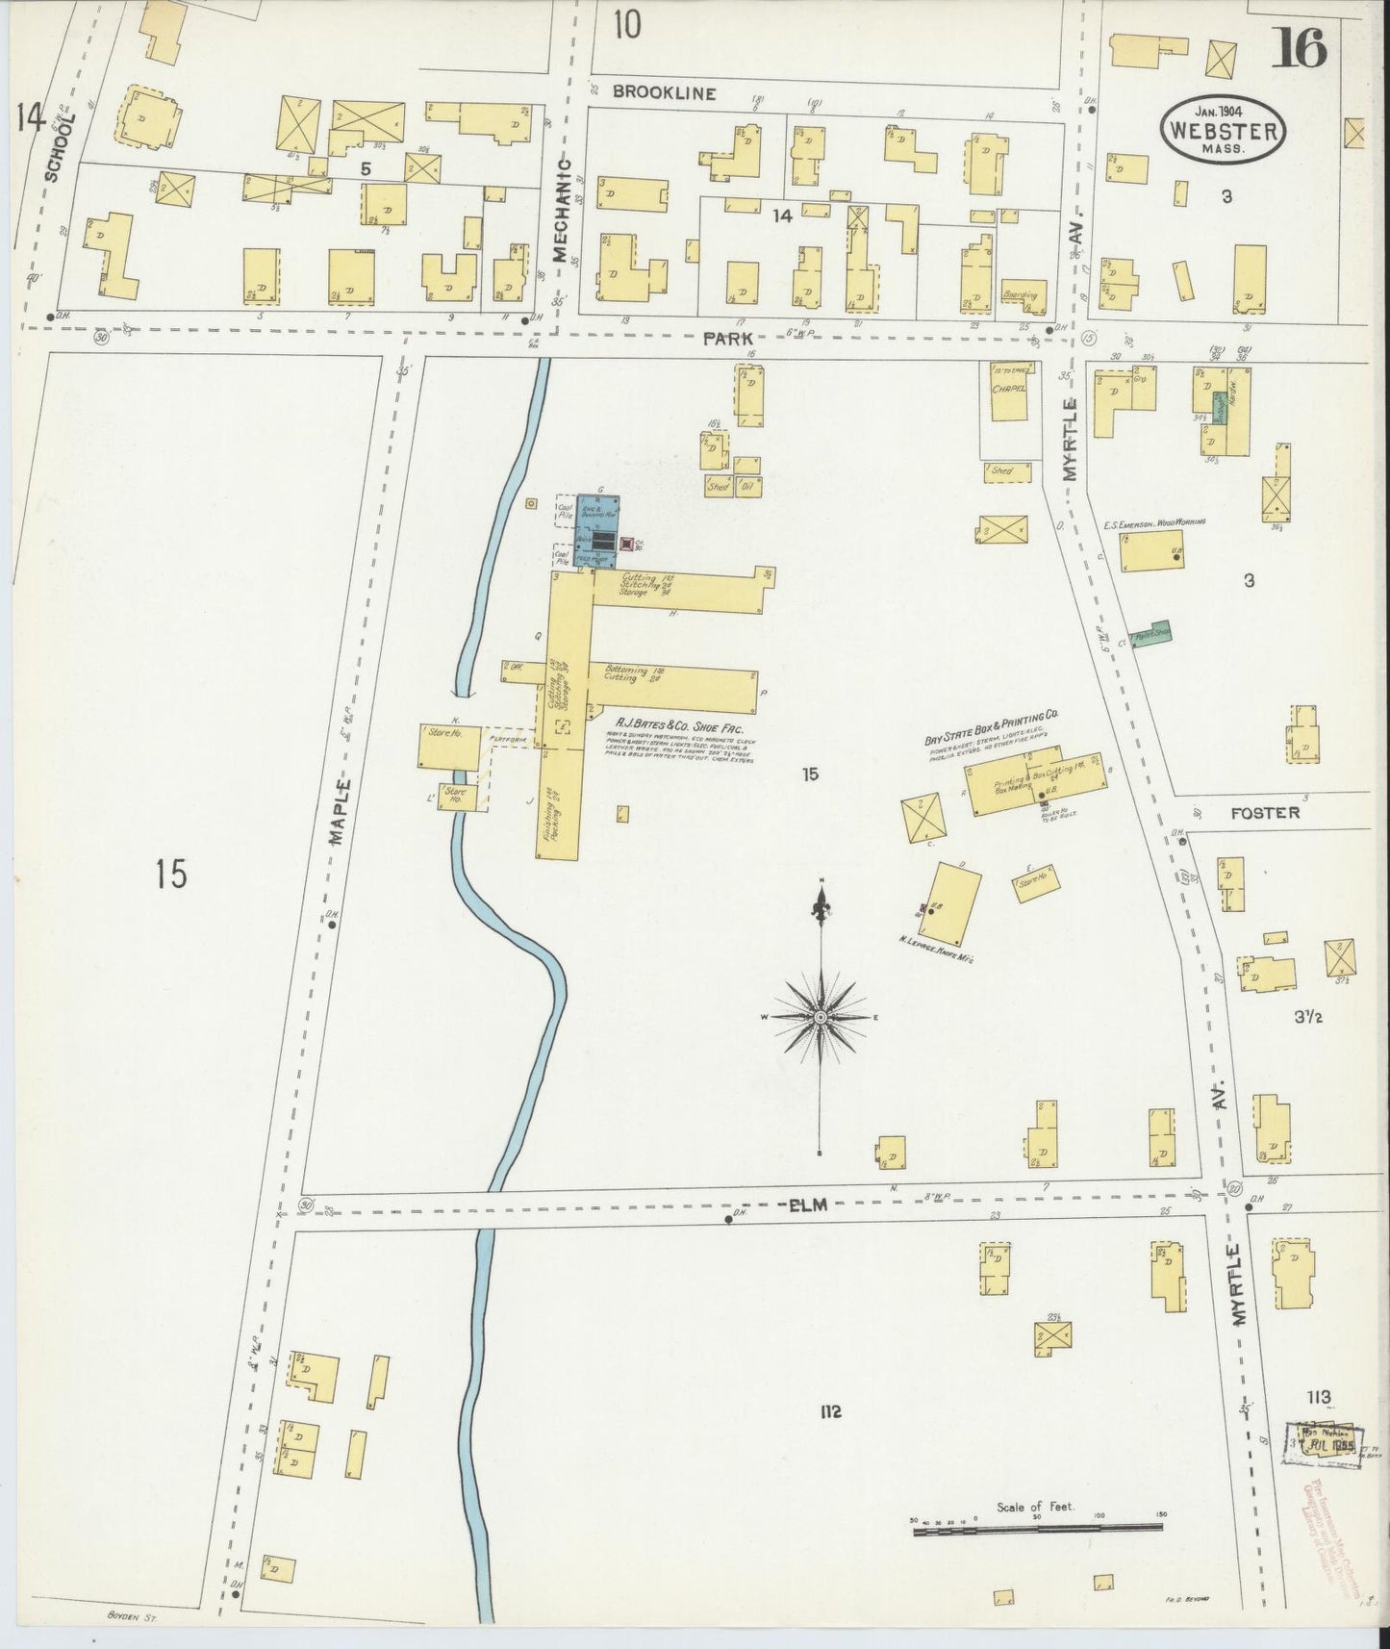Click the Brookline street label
click(665, 93)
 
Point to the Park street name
click(727, 338)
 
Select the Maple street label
click(337, 811)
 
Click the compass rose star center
click(820, 1017)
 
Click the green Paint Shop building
click(1150, 634)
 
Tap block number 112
click(830, 1412)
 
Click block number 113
click(1317, 1397)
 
